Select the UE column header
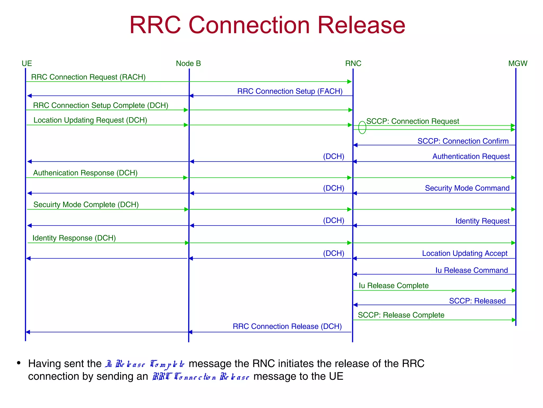point(27,63)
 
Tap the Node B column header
point(188,63)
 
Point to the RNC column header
point(353,63)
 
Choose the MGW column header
point(518,63)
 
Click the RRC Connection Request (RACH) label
point(88,77)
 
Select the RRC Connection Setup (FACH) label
point(290,91)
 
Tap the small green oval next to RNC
point(362,127)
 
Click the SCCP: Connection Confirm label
point(463,141)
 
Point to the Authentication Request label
point(471,156)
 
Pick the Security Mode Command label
point(467,188)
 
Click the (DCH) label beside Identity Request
point(334,220)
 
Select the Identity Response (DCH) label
point(74,238)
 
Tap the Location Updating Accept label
point(465,253)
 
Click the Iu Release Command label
point(471,270)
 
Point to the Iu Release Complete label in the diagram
point(393,286)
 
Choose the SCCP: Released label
point(477,301)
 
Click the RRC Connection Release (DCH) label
point(287,326)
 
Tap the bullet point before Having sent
point(19,363)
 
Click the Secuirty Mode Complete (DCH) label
point(86,205)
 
